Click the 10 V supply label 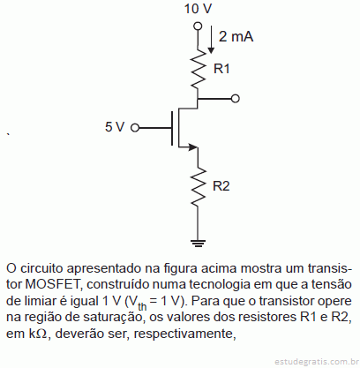coord(198,9)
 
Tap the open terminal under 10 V coord(198,26)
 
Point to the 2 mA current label coord(236,37)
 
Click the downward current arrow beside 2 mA coord(211,40)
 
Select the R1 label coord(221,69)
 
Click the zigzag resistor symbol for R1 coord(198,68)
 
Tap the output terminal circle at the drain coord(236,99)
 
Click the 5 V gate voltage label coord(115,127)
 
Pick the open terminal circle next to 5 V coord(135,128)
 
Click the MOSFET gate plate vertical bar coord(172,128)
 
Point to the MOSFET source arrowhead coord(192,146)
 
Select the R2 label coord(221,186)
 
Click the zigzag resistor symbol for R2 coord(198,186)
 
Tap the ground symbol coord(198,244)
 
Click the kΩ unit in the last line coord(38,334)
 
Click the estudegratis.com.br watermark coord(317,361)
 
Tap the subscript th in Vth coord(142,306)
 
